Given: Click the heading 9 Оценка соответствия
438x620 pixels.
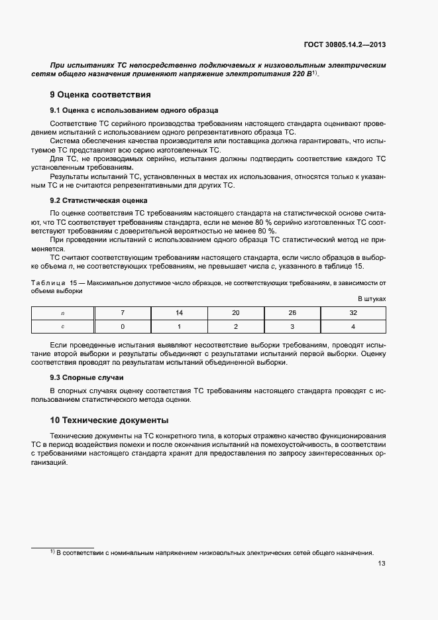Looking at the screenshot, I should pyautogui.click(x=101, y=94).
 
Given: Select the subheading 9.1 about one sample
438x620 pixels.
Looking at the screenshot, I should pyautogui.click(x=134, y=109).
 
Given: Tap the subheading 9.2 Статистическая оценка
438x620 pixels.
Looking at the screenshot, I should pyautogui.click(x=99, y=200).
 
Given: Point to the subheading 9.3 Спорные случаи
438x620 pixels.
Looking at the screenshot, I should pyautogui.click(x=82, y=377).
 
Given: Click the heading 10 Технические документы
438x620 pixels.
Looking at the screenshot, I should pyautogui.click(x=109, y=420).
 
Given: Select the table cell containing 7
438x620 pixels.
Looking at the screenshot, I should pyautogui.click(x=123, y=313).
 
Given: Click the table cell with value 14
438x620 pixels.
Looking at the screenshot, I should pyautogui.click(x=179, y=313).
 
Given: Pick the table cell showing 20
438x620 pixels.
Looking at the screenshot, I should pyautogui.click(x=236, y=313).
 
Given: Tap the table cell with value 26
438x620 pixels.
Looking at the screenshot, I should pyautogui.click(x=292, y=313).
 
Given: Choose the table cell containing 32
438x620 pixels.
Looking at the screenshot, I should pyautogui.click(x=353, y=313).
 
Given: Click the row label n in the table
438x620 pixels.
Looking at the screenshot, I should pyautogui.click(x=63, y=313).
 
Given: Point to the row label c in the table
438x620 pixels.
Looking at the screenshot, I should pyautogui.click(x=63, y=326).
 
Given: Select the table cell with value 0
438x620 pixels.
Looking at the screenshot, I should pyautogui.click(x=123, y=326).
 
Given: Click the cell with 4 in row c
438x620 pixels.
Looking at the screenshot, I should pyautogui.click(x=353, y=326).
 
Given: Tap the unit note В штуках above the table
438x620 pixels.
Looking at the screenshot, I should pyautogui.click(x=372, y=299).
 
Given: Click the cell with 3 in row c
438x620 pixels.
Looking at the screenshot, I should pyautogui.click(x=292, y=326).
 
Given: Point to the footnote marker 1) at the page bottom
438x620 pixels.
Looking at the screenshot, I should pyautogui.click(x=52, y=552).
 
